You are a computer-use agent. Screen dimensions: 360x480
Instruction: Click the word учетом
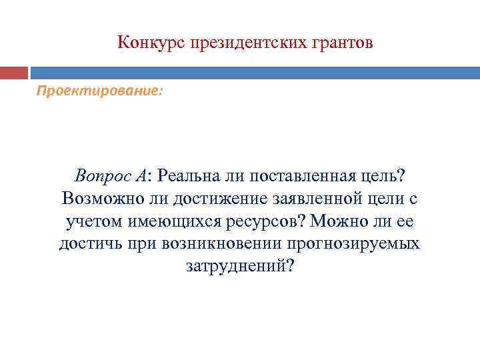pos(92,221)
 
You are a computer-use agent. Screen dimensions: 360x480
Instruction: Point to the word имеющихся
pos(166,221)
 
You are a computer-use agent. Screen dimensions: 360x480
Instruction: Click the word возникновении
pos(203,243)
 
